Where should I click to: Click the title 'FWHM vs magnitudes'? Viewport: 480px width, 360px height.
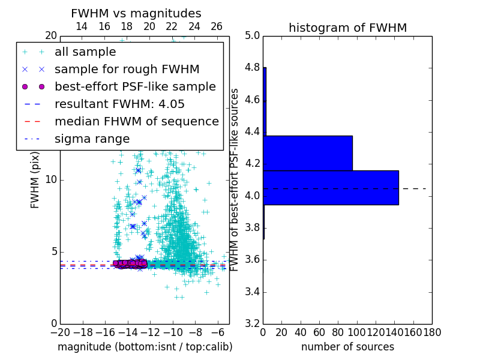[x=136, y=13]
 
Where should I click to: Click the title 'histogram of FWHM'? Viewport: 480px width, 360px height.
[x=347, y=28]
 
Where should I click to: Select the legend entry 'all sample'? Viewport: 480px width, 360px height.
[x=85, y=52]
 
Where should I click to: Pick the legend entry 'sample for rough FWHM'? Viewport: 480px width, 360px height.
[x=127, y=69]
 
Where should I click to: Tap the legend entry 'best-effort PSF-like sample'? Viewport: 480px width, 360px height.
[x=135, y=86]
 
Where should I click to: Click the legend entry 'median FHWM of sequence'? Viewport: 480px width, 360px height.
[x=136, y=121]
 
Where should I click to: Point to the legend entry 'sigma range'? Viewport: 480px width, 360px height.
[x=92, y=139]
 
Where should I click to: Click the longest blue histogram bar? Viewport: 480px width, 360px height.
[x=331, y=187]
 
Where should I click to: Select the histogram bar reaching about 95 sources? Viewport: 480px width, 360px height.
[x=308, y=153]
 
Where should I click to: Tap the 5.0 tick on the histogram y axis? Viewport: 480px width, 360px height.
[x=253, y=35]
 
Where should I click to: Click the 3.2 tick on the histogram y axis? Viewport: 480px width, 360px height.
[x=253, y=324]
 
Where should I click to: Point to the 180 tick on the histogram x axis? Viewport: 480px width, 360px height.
[x=431, y=332]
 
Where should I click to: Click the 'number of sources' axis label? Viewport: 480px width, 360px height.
[x=347, y=347]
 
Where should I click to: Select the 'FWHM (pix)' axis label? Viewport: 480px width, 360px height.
[x=35, y=179]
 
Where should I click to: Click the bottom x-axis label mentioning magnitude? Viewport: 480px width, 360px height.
[x=145, y=347]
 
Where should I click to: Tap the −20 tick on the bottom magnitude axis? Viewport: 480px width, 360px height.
[x=60, y=332]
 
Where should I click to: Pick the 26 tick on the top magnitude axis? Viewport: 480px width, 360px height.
[x=217, y=26]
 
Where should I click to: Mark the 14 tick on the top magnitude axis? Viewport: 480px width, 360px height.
[x=82, y=26]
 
